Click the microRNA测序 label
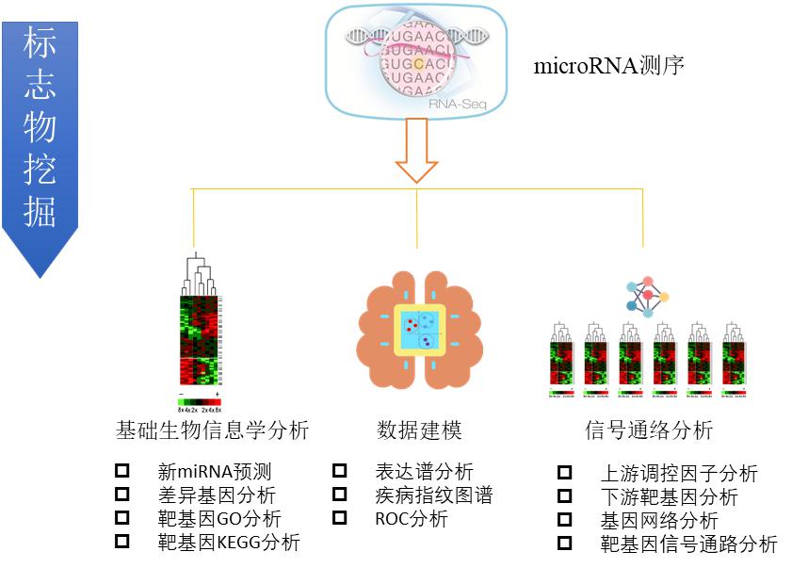(x=608, y=67)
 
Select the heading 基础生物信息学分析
(x=212, y=431)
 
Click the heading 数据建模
(x=419, y=431)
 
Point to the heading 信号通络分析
(x=649, y=431)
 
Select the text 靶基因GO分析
(x=219, y=518)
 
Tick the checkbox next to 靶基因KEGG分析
(x=121, y=542)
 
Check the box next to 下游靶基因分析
(x=564, y=496)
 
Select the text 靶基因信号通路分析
(x=688, y=544)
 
